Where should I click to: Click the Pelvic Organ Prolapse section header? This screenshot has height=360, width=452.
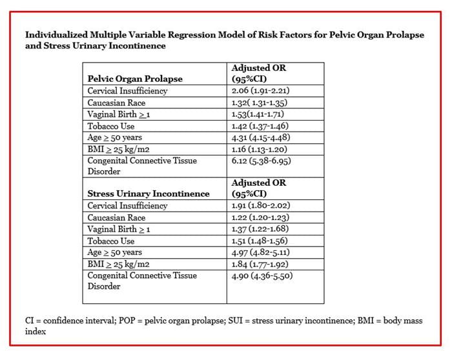pos(135,79)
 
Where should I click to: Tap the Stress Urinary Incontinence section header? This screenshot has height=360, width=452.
pos(149,194)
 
